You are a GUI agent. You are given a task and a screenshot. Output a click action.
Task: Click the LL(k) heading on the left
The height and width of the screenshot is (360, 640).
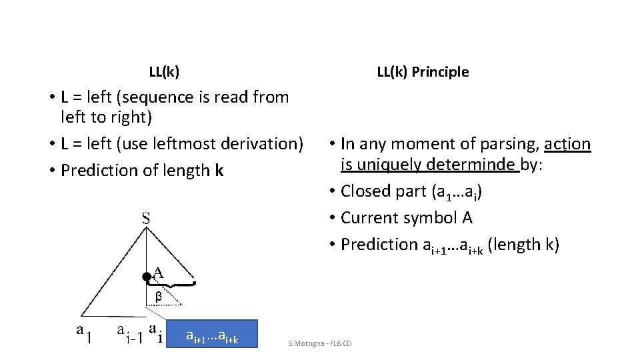[164, 71]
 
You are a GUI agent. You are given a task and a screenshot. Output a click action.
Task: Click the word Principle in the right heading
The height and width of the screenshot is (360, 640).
[440, 72]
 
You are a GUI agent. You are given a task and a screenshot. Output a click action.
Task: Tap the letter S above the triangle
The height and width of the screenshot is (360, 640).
[146, 218]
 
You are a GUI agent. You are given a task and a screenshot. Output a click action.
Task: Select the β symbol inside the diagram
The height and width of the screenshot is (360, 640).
[158, 296]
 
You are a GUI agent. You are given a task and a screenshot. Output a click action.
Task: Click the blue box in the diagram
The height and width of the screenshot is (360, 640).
[212, 339]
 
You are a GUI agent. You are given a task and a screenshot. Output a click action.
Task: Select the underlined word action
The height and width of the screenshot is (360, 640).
[567, 144]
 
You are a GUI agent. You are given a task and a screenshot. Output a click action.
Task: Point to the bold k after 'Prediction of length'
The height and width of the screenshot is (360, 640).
[219, 171]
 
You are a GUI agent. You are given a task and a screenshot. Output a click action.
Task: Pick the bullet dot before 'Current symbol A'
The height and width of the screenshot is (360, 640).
[331, 219]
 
